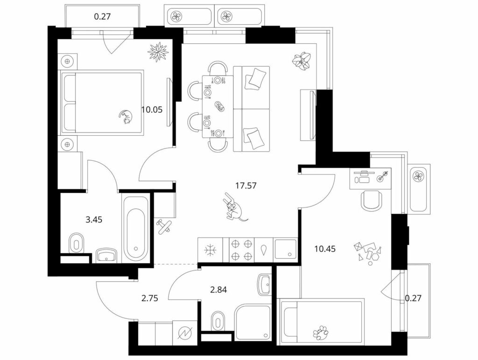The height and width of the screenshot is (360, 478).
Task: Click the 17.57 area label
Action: tap(246, 185)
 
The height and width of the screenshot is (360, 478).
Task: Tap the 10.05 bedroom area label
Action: tap(152, 109)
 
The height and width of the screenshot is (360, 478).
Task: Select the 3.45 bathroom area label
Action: tap(94, 219)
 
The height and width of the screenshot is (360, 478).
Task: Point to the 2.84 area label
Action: tap(218, 290)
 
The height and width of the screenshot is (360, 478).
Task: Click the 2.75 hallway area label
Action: tap(150, 298)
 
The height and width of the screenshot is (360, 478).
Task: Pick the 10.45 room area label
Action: tap(325, 249)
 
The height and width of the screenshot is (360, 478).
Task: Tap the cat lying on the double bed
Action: tap(126, 117)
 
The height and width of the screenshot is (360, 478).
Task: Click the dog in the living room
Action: tap(234, 207)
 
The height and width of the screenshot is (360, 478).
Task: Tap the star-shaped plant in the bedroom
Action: tap(158, 52)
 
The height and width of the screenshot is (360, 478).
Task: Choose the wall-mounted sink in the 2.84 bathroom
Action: tap(264, 285)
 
